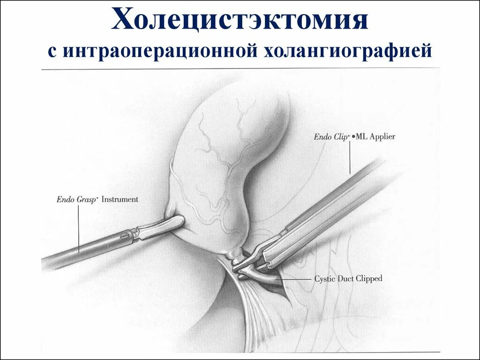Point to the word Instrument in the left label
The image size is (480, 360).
120,199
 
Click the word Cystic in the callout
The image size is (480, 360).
324,278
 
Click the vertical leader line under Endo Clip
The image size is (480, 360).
350,157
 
